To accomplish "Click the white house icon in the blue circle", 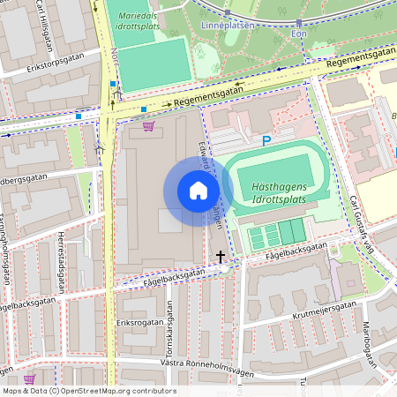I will (x=198, y=190).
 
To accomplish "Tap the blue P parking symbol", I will (x=266, y=140).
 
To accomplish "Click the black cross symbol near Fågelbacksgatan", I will (x=221, y=257).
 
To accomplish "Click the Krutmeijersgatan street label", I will (x=326, y=308).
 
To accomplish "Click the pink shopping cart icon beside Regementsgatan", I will (x=148, y=126).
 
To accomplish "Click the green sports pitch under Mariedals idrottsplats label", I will (x=154, y=63).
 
